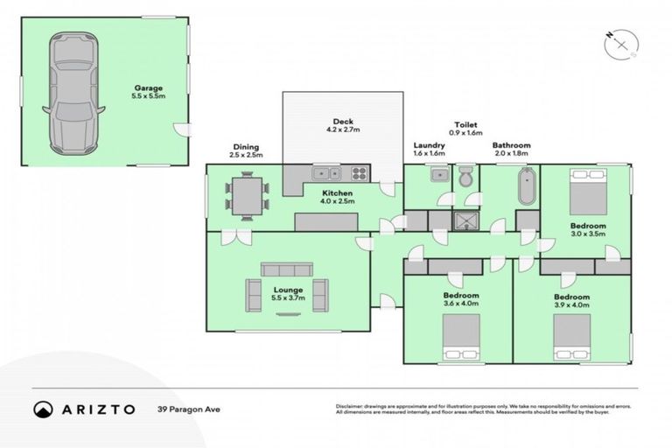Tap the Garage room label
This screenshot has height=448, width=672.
(149, 93)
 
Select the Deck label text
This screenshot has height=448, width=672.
(342, 126)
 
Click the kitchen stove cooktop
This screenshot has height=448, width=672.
(358, 172)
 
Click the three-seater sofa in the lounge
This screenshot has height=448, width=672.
(286, 269)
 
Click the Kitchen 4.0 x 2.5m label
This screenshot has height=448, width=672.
(337, 197)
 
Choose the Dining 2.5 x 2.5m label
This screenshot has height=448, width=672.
(246, 151)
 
